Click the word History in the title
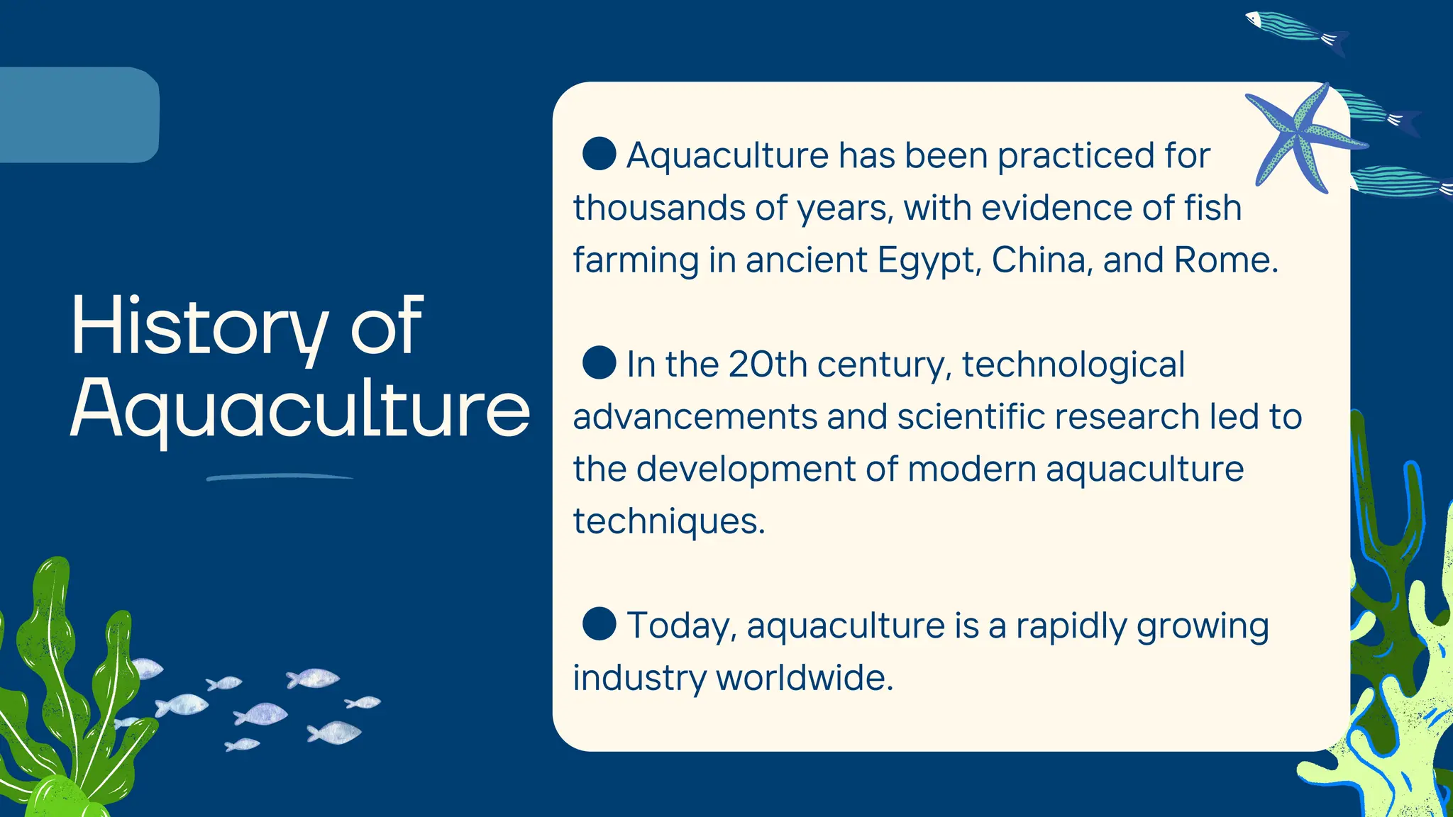(199, 326)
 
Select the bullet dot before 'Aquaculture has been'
(599, 154)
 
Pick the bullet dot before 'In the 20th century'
(599, 362)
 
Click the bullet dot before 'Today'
(599, 624)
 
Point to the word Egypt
(929, 261)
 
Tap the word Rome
(1226, 260)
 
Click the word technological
(1073, 365)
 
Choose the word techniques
(669, 522)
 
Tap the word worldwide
(805, 678)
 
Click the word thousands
(659, 208)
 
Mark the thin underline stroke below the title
(280, 477)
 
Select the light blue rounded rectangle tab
(78, 115)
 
